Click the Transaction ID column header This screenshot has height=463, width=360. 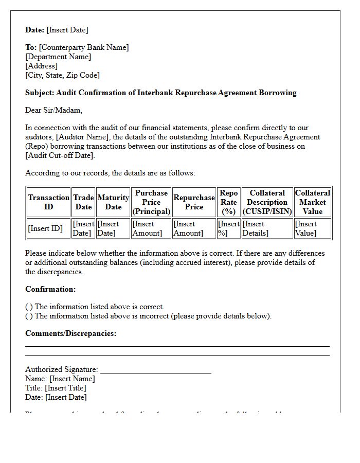[x=49, y=202]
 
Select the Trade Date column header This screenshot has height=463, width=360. [x=83, y=202]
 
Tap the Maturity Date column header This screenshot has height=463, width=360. [x=113, y=202]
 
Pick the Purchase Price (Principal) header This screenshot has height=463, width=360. [x=151, y=202]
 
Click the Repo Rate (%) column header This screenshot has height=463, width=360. [x=229, y=202]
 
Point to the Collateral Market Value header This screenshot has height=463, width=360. [x=313, y=202]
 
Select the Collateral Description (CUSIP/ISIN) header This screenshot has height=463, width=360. [x=267, y=202]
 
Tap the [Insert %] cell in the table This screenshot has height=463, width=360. [x=229, y=228]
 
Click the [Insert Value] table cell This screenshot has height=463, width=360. [x=306, y=228]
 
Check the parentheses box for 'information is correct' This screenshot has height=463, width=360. [x=29, y=307]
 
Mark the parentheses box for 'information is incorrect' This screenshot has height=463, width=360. [x=29, y=316]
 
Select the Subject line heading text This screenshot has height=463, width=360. [x=161, y=93]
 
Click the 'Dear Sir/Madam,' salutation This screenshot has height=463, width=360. [x=53, y=110]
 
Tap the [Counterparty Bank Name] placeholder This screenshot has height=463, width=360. [x=84, y=47]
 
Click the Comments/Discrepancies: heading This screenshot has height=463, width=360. [x=71, y=333]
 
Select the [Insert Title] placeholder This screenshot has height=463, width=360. [x=65, y=388]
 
